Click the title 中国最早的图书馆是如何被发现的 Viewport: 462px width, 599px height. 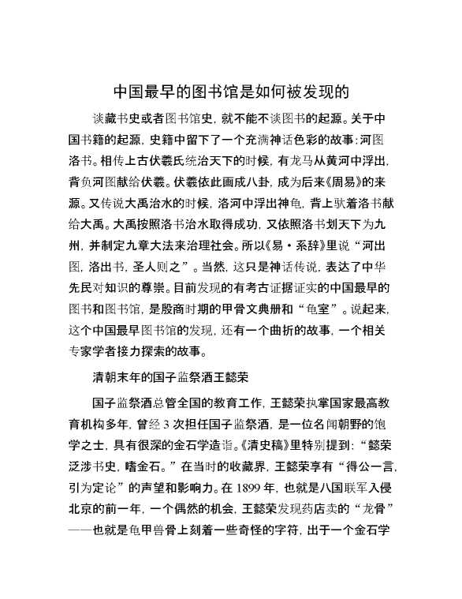pos(231,91)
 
